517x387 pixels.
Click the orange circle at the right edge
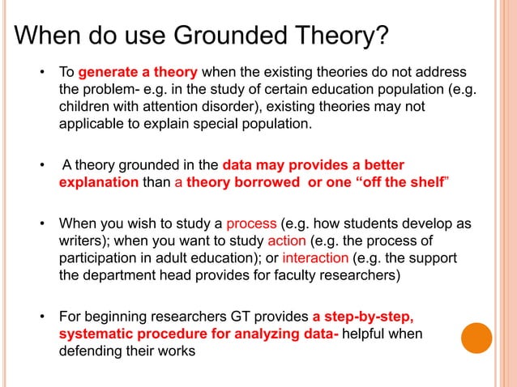coord(477,338)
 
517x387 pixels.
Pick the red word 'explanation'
coord(98,182)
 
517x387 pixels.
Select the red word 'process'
coord(251,223)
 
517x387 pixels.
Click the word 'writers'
coord(81,241)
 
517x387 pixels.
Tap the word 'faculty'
coord(288,276)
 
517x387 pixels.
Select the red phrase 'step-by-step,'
coord(369,317)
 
